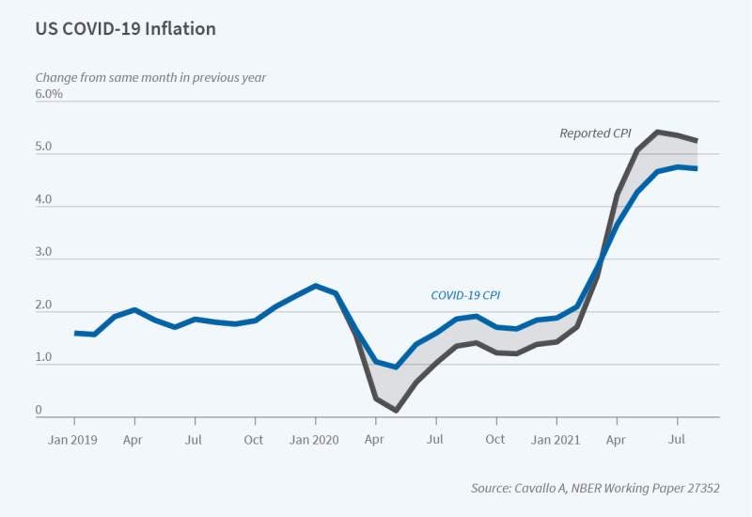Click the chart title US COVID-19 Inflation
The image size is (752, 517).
coord(125,29)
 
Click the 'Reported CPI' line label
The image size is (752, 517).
coord(595,133)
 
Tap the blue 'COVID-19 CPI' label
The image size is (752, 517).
coord(465,295)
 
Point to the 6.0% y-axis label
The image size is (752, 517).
coord(49,94)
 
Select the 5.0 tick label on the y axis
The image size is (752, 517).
coord(45,148)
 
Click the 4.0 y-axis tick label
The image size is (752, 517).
coord(45,200)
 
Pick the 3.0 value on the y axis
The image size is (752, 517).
coord(45,253)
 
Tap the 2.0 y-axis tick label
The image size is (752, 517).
coord(45,305)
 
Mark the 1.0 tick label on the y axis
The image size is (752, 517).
coord(45,358)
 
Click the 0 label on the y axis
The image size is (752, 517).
coord(39,411)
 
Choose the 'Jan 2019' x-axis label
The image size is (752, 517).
coord(73,439)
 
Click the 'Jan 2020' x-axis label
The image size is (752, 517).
coord(315,439)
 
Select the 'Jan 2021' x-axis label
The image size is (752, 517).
coord(556,439)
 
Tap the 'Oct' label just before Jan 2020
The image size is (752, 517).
coord(254,439)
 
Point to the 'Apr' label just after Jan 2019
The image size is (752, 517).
coord(134,439)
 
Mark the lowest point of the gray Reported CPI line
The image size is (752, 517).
coord(396,410)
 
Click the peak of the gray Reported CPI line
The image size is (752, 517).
coord(656,132)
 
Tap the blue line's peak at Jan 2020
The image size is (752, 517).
coord(316,286)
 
